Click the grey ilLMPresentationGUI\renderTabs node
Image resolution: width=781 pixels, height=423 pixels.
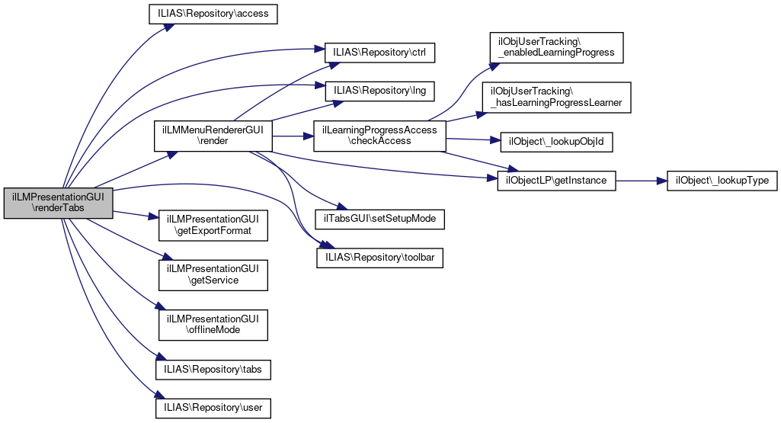pyautogui.click(x=59, y=203)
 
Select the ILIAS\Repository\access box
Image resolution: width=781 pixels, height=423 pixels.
pyautogui.click(x=213, y=14)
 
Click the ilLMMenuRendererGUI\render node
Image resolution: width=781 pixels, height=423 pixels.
pyautogui.click(x=213, y=136)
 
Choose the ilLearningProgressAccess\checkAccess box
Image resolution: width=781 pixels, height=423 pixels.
pyautogui.click(x=379, y=136)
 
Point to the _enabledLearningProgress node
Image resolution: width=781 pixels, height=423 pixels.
pyautogui.click(x=558, y=47)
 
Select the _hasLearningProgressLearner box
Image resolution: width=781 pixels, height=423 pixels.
pyautogui.click(x=556, y=97)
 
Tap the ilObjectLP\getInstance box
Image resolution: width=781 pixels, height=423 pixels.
pyautogui.click(x=555, y=181)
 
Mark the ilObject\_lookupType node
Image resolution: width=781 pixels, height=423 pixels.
pyautogui.click(x=722, y=181)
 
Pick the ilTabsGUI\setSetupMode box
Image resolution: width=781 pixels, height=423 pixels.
pyautogui.click(x=379, y=219)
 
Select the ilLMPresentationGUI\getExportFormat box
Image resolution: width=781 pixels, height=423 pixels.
pyautogui.click(x=213, y=224)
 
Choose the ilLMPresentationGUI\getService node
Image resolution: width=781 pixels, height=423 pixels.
pyautogui.click(x=213, y=274)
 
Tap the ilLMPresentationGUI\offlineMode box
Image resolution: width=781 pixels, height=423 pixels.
pyautogui.click(x=213, y=325)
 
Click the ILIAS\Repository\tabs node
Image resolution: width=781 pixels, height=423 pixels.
pyautogui.click(x=213, y=369)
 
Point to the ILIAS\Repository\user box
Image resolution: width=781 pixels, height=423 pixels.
pyautogui.click(x=213, y=408)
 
